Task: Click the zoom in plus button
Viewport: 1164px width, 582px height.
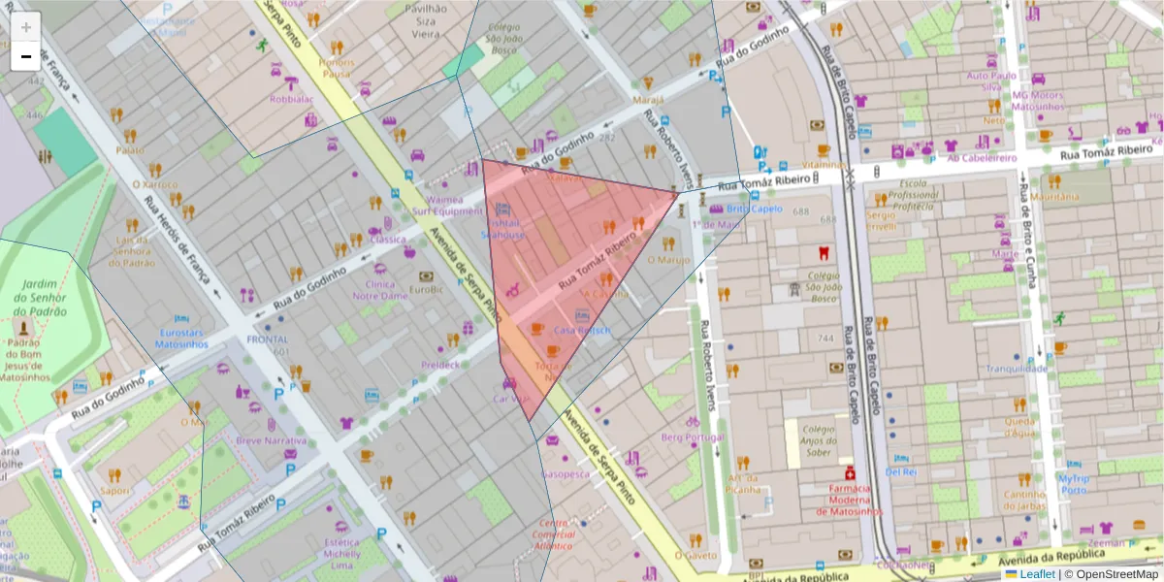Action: [x=26, y=27]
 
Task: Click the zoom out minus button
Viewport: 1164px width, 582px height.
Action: [x=26, y=56]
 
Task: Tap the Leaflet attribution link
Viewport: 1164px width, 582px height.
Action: [x=1036, y=574]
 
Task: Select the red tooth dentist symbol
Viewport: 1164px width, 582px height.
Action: [x=823, y=254]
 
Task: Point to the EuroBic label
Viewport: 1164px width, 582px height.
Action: [x=427, y=288]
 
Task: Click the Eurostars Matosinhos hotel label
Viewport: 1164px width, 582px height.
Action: [x=181, y=337]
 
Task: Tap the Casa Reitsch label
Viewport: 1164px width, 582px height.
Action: [x=582, y=330]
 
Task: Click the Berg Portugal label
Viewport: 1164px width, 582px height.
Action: [x=692, y=437]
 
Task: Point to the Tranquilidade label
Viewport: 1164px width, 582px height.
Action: [x=1017, y=369]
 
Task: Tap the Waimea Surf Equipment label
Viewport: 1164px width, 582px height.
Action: [x=447, y=205]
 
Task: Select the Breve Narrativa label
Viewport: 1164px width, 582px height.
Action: [x=272, y=441]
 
